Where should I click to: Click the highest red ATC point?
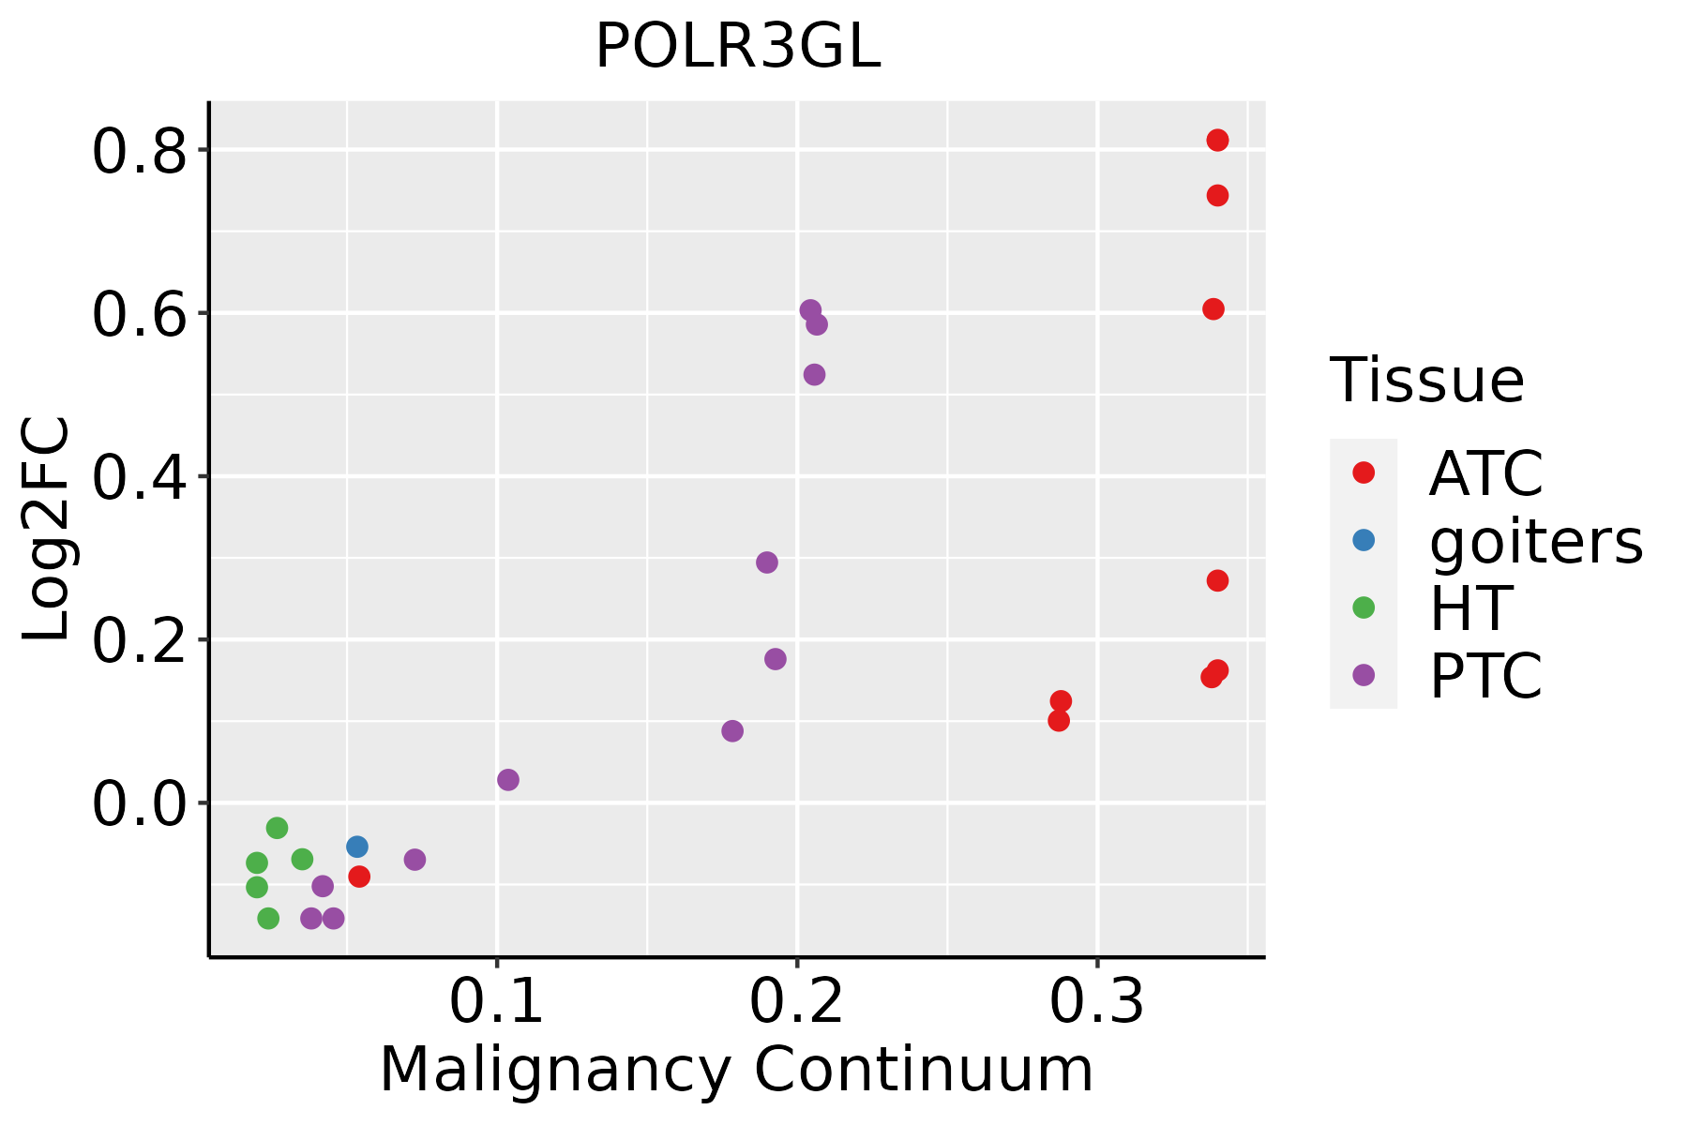(1217, 141)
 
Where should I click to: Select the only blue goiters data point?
(357, 847)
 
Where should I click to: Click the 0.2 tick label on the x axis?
(796, 1002)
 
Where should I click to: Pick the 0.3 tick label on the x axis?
(1096, 1002)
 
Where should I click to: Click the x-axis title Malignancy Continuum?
(736, 1070)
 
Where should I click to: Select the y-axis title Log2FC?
(47, 530)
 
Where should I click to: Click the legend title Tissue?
(1427, 381)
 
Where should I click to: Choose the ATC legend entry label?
(1485, 473)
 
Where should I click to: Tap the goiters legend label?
(1536, 541)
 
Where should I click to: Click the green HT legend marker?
(1364, 607)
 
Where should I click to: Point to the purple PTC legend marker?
(1364, 675)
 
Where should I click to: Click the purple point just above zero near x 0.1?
(508, 780)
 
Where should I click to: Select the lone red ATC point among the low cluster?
(359, 877)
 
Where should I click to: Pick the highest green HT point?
(277, 828)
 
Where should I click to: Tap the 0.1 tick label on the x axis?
(496, 1002)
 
